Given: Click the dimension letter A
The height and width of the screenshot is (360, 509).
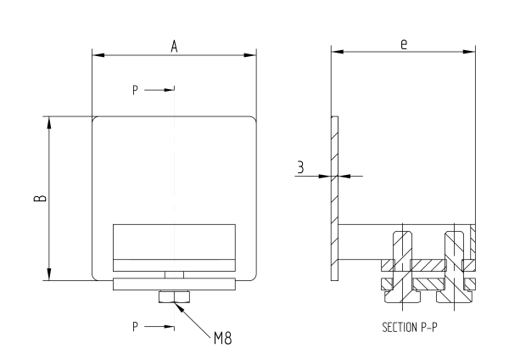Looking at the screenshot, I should tap(174, 47).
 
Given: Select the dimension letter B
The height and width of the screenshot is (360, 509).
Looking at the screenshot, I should tap(40, 198).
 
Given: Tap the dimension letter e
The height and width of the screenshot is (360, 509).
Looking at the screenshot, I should tap(405, 43).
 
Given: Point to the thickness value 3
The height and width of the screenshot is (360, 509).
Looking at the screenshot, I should tap(300, 167).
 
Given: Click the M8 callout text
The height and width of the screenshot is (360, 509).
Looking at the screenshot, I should tap(222, 337).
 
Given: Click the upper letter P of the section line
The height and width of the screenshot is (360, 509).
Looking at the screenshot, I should tap(135, 88).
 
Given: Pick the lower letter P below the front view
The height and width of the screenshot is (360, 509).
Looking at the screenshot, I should tap(135, 325).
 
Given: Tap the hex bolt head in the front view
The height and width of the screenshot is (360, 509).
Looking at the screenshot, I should tap(174, 296).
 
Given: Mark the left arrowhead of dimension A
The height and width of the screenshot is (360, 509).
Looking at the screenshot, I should tap(97, 56).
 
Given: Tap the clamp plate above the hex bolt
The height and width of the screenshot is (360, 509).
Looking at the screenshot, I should tap(174, 284).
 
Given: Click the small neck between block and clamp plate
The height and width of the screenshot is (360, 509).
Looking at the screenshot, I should tap(174, 273).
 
